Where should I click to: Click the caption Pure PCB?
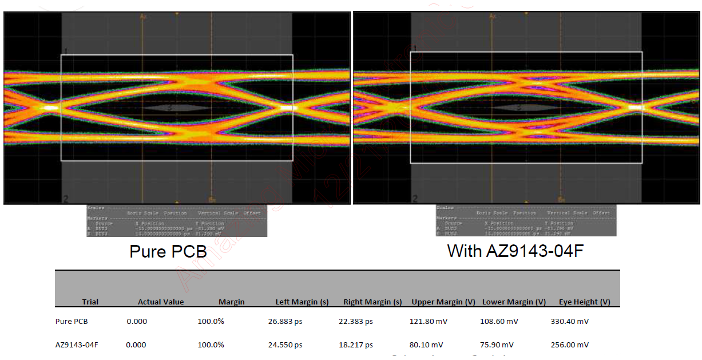click(168, 252)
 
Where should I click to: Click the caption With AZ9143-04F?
click(515, 251)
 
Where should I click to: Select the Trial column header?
click(90, 302)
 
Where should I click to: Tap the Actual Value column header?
click(161, 302)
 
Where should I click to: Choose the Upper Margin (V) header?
click(443, 302)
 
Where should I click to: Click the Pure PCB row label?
click(72, 322)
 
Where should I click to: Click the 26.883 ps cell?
click(285, 322)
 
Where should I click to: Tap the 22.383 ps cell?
click(355, 322)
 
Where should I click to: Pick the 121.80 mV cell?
click(429, 322)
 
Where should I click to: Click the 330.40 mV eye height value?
click(569, 322)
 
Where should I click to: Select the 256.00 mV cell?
click(569, 345)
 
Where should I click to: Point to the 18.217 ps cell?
click(355, 345)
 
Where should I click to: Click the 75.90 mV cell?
click(497, 345)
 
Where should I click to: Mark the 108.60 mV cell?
click(499, 322)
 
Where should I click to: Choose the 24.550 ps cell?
click(285, 345)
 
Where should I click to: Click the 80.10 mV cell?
click(426, 345)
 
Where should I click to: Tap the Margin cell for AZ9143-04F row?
click(211, 345)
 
